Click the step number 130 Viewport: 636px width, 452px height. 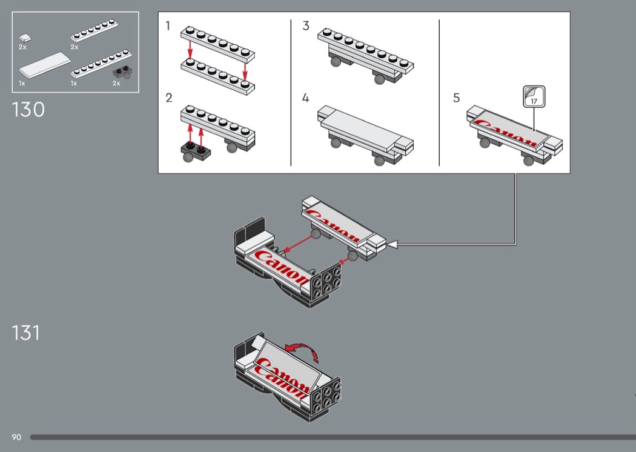click(28, 110)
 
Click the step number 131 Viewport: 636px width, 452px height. click(26, 333)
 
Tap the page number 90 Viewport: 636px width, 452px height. click(16, 437)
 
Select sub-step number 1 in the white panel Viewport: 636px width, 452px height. click(168, 26)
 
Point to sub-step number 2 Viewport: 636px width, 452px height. click(169, 98)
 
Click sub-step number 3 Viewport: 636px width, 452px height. click(306, 26)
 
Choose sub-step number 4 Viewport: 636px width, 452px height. click(305, 98)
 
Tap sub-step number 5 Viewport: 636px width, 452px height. click(456, 98)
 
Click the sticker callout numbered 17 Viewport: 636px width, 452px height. click(534, 96)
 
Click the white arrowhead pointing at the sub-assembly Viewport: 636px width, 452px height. click(393, 244)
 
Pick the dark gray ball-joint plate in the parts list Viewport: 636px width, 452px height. click(122, 72)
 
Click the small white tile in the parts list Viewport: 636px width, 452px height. click(25, 38)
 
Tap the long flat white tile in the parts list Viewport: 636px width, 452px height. click(45, 65)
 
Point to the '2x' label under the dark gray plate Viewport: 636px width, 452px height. click(116, 83)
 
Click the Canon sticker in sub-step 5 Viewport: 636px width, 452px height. click(508, 128)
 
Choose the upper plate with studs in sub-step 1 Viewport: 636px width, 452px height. click(218, 44)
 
